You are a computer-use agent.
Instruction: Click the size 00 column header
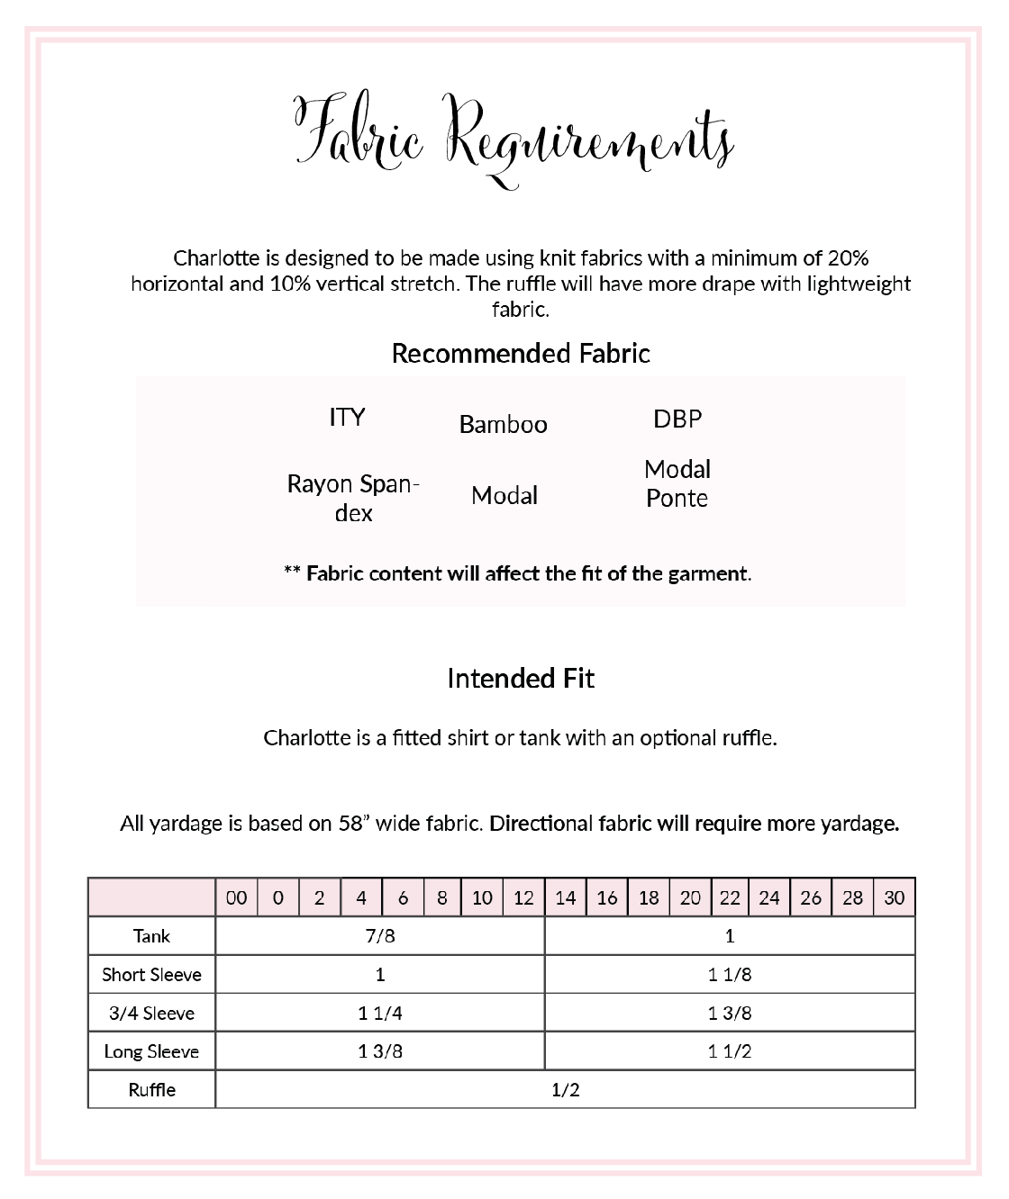[236, 897]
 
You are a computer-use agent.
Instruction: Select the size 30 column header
[894, 897]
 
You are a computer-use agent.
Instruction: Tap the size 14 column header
[565, 897]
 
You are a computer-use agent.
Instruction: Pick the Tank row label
[151, 936]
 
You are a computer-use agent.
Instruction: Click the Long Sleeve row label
[151, 1051]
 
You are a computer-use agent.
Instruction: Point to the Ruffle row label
[151, 1090]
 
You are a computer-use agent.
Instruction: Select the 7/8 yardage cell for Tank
[380, 936]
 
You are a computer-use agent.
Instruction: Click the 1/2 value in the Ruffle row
[565, 1090]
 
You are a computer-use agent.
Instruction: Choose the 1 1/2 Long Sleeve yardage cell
[730, 1051]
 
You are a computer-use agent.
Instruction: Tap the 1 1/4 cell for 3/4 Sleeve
[380, 1013]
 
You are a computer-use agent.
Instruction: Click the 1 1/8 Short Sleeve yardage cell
[730, 975]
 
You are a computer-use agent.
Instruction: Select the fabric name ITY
[347, 418]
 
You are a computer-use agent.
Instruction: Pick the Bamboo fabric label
[503, 425]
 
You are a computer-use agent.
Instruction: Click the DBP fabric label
[677, 419]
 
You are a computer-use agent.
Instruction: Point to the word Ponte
[677, 499]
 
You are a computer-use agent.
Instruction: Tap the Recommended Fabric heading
[521, 354]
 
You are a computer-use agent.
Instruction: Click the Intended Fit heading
[521, 679]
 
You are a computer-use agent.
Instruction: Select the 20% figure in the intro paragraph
[848, 258]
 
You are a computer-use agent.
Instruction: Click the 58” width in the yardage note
[354, 824]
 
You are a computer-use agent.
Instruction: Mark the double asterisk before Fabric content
[292, 572]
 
